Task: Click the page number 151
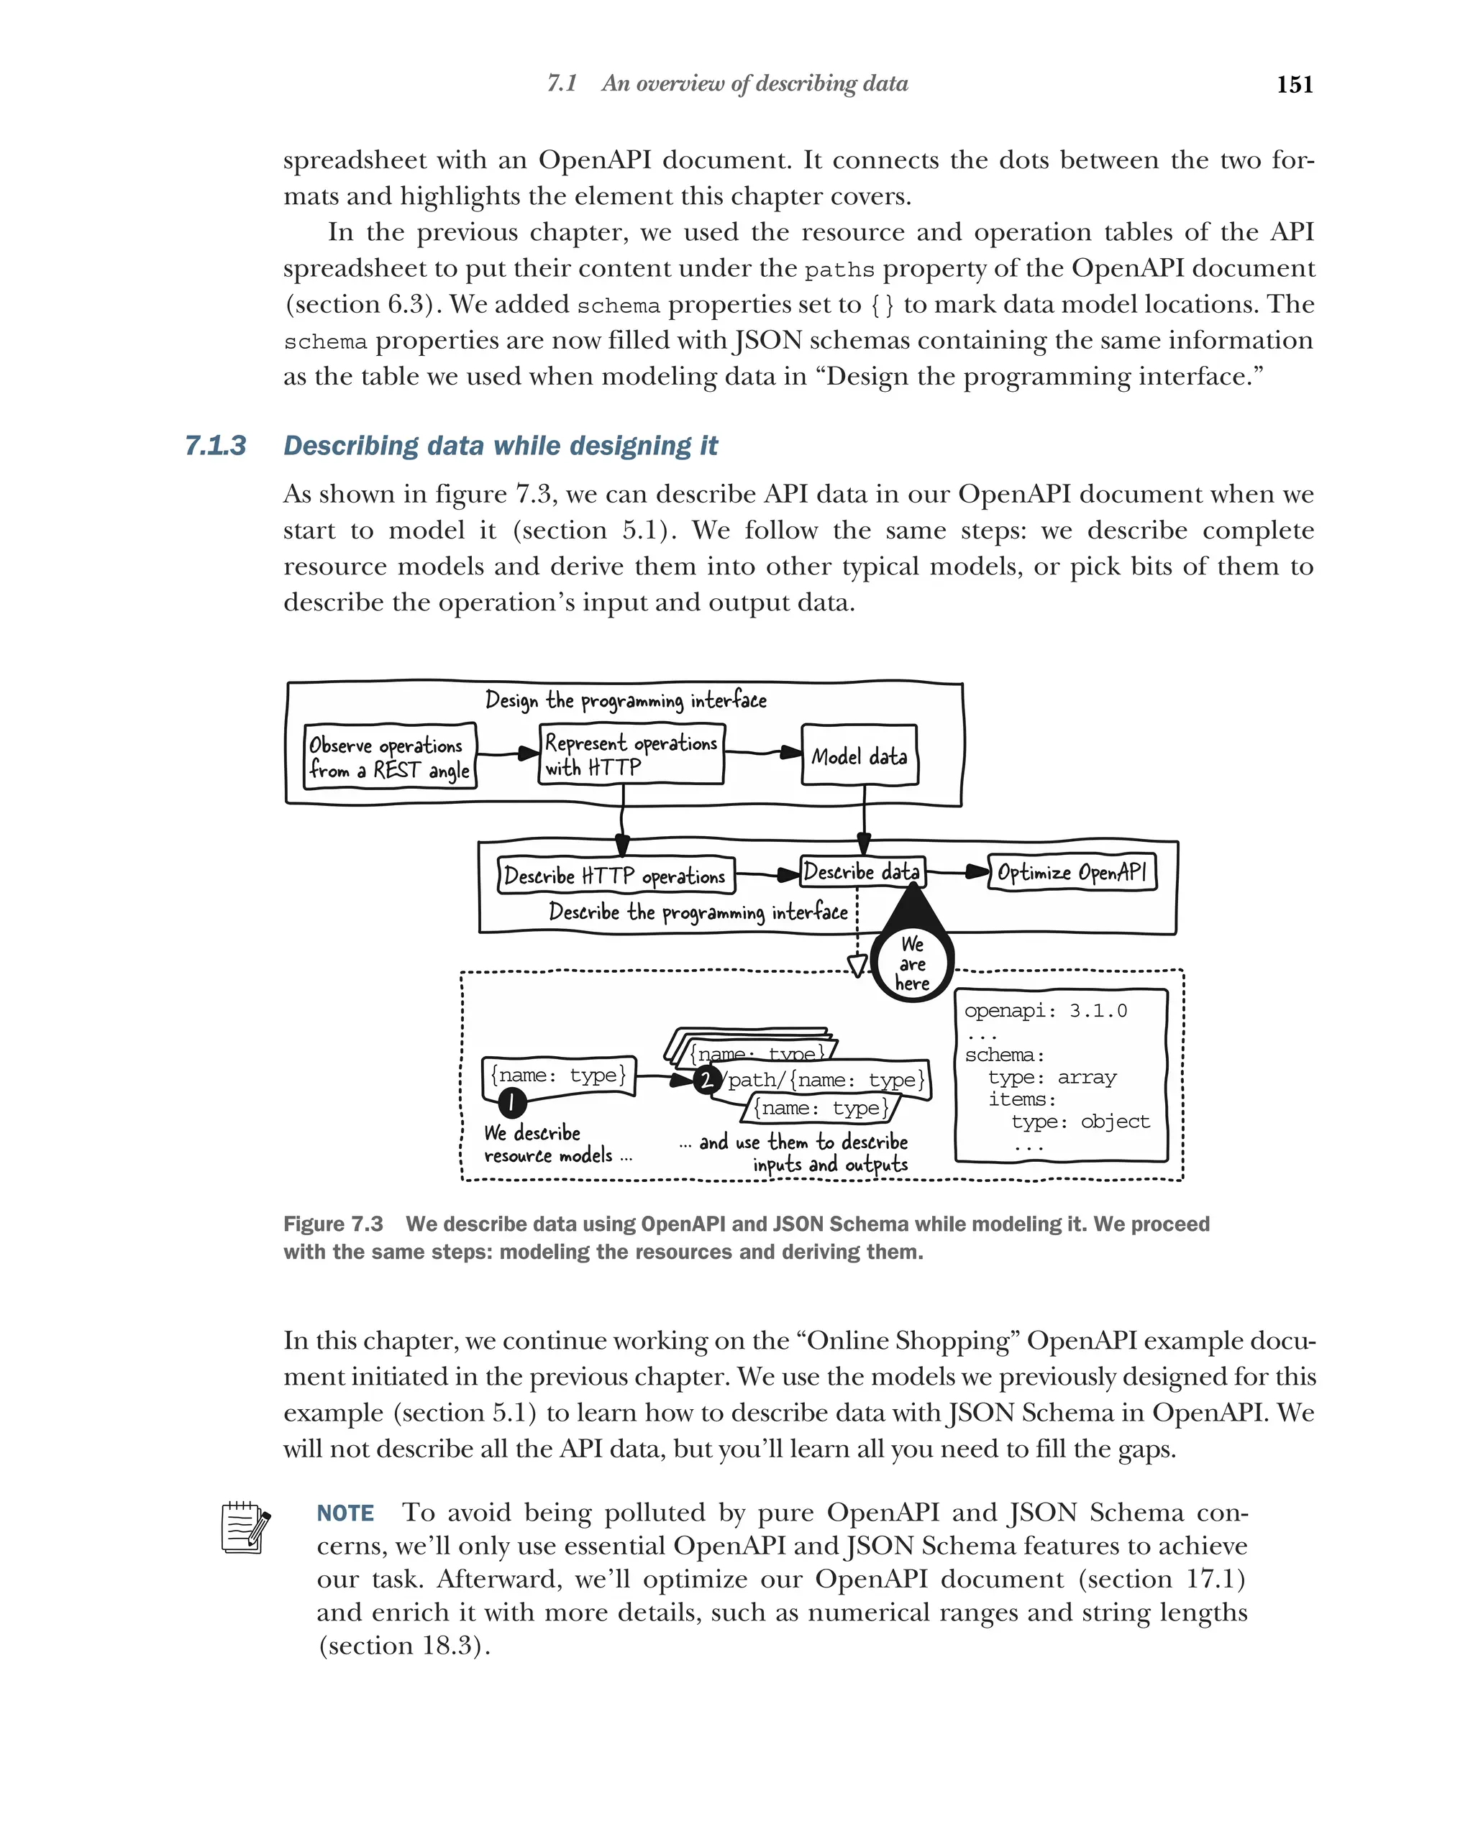coord(1294,84)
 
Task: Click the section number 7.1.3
coord(215,446)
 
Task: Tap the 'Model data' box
coord(859,756)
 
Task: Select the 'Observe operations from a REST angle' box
coord(390,756)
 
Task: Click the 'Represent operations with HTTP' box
coord(631,754)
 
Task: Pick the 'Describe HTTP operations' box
coord(614,876)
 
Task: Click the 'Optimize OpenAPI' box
coord(1071,872)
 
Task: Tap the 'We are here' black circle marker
coord(912,964)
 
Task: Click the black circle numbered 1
coord(511,1101)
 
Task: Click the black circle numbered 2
coord(706,1079)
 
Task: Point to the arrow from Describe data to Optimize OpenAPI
coord(957,872)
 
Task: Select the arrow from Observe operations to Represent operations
coord(507,754)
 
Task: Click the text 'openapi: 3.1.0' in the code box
coord(1044,1011)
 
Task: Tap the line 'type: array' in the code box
coord(1052,1077)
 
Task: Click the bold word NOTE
coord(345,1513)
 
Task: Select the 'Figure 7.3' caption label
coord(332,1224)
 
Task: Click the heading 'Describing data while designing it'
coord(501,446)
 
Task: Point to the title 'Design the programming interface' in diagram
coord(626,700)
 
